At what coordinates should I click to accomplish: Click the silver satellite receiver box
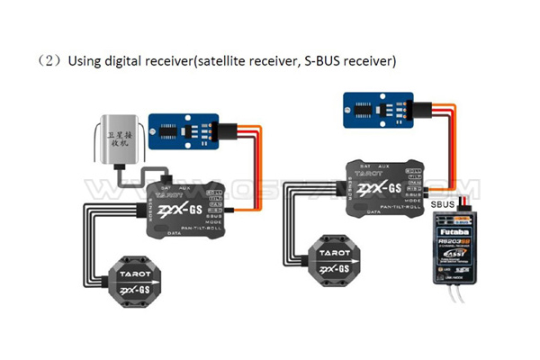(x=118, y=141)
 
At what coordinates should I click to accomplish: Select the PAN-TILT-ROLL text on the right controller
(x=402, y=204)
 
